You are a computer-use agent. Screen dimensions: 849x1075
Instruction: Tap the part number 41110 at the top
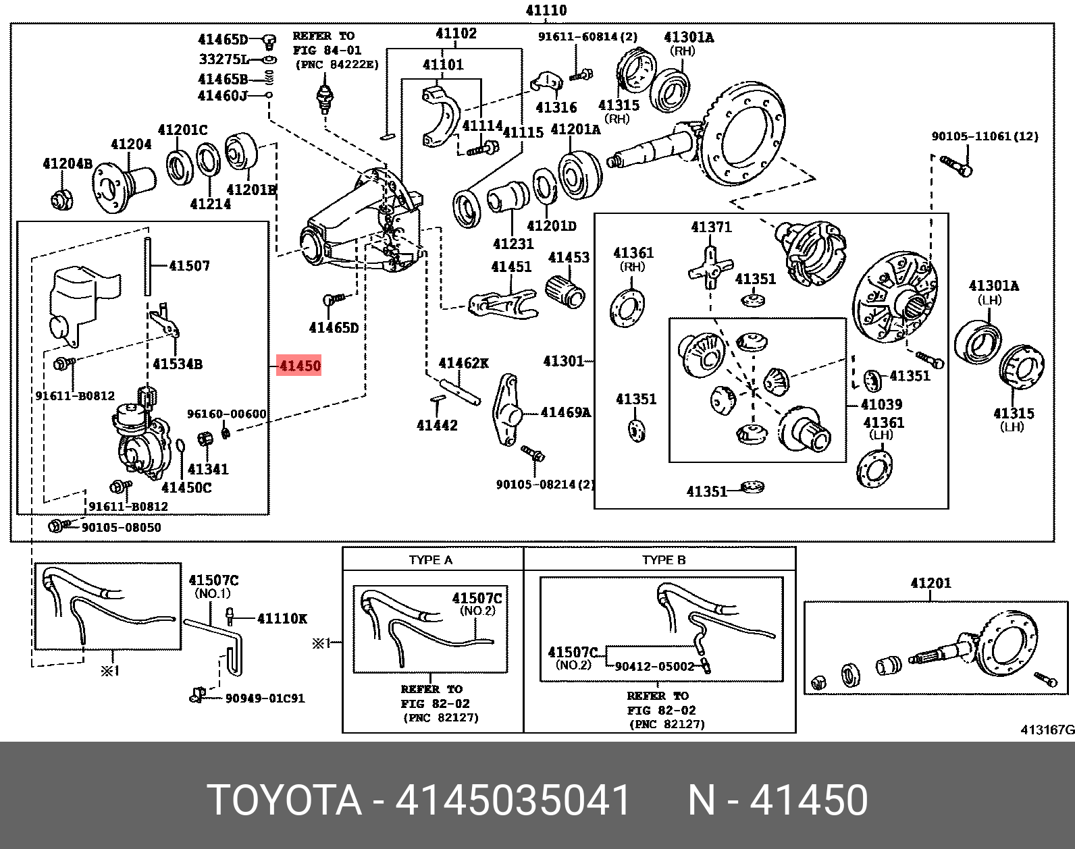pos(546,10)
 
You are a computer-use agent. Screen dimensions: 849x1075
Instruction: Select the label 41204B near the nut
pos(68,163)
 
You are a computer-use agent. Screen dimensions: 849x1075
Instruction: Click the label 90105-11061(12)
pos(985,136)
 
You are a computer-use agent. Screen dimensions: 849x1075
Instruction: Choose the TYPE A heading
pos(431,559)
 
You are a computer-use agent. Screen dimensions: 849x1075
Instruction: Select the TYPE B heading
pos(663,559)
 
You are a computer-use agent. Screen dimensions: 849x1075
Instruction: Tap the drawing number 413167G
pos(1047,730)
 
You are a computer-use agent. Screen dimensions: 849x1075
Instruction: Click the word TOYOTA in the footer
pos(284,800)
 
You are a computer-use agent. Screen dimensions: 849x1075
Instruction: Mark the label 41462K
pos(463,363)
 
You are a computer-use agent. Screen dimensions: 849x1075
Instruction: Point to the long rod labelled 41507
pos(147,266)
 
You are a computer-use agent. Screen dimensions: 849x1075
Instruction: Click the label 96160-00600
pos(226,414)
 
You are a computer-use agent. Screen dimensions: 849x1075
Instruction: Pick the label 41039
pos(881,404)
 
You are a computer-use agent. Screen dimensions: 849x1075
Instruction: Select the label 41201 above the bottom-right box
pos(930,583)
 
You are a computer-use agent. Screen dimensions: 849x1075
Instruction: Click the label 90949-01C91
pos(265,698)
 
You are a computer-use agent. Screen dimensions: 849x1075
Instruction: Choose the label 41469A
pos(565,412)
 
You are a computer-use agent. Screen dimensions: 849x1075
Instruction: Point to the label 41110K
pos(282,618)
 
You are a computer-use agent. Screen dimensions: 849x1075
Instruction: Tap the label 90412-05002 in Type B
pos(654,666)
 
